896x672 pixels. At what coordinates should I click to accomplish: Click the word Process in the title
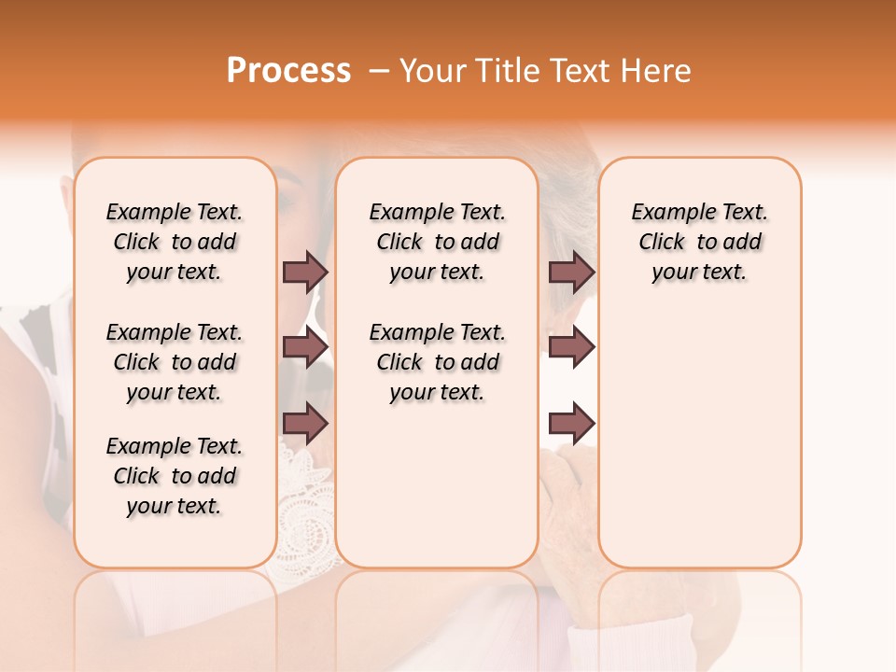(x=288, y=71)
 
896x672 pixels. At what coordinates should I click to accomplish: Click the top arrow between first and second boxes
(x=305, y=272)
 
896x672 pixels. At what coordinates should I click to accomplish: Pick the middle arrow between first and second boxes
(x=305, y=347)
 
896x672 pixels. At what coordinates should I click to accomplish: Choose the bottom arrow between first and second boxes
(x=305, y=424)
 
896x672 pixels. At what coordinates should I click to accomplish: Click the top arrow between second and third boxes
(x=571, y=272)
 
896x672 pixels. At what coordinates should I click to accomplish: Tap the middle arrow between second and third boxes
(x=571, y=347)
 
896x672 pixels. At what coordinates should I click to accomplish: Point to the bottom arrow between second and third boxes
(x=571, y=424)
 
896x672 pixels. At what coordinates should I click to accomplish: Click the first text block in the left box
(x=175, y=242)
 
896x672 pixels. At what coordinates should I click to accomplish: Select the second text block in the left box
(x=175, y=362)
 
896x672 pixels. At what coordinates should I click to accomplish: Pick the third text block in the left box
(x=175, y=476)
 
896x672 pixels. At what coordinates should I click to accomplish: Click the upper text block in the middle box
(x=437, y=242)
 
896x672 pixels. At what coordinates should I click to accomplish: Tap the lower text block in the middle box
(x=437, y=362)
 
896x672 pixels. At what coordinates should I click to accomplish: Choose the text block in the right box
(x=699, y=242)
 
